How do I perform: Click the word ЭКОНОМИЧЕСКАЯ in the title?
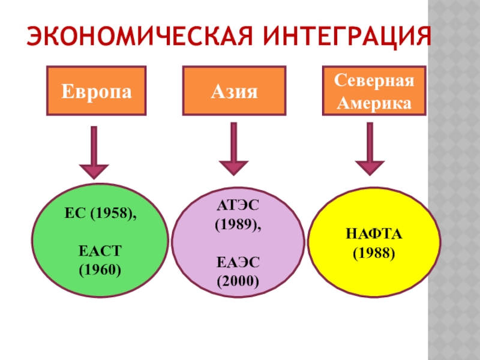coord(128,37)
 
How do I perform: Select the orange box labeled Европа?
coord(96,91)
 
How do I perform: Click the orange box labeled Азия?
coord(234,91)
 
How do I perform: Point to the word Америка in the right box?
coord(373,103)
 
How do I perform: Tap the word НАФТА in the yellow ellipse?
coord(374,233)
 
